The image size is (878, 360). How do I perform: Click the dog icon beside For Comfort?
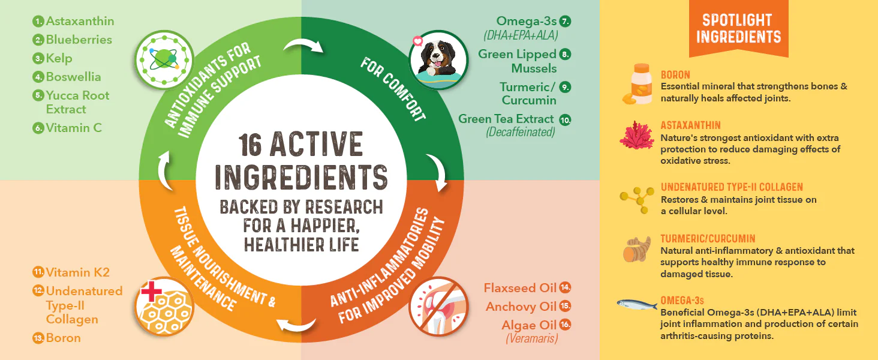pyautogui.click(x=438, y=60)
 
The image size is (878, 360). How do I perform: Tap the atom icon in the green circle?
pyautogui.click(x=164, y=60)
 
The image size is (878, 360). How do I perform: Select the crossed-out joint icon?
pyautogui.click(x=438, y=307)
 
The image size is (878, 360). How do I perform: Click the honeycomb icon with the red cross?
pyautogui.click(x=164, y=307)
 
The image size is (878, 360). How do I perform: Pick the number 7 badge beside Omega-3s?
pyautogui.click(x=565, y=21)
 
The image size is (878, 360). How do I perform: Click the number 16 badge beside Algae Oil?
pyautogui.click(x=565, y=325)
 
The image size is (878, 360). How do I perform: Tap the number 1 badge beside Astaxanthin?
pyautogui.click(x=38, y=21)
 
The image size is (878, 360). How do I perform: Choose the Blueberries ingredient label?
pyautogui.click(x=79, y=40)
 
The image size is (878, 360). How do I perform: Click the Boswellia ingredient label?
pyautogui.click(x=73, y=77)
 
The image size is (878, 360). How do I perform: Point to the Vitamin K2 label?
pyautogui.click(x=77, y=272)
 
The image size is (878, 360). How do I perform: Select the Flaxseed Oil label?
pyautogui.click(x=520, y=288)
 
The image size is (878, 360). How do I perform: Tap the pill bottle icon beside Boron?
pyautogui.click(x=638, y=84)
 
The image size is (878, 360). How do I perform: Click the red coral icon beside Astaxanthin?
pyautogui.click(x=637, y=135)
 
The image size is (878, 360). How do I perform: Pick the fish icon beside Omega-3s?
pyautogui.click(x=637, y=304)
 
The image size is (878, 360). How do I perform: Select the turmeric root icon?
pyautogui.click(x=637, y=249)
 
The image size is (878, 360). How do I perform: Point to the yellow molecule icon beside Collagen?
pyautogui.click(x=637, y=200)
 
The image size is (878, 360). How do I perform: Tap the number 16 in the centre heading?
pyautogui.click(x=249, y=145)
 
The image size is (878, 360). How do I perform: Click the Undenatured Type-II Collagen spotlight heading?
pyautogui.click(x=732, y=187)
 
